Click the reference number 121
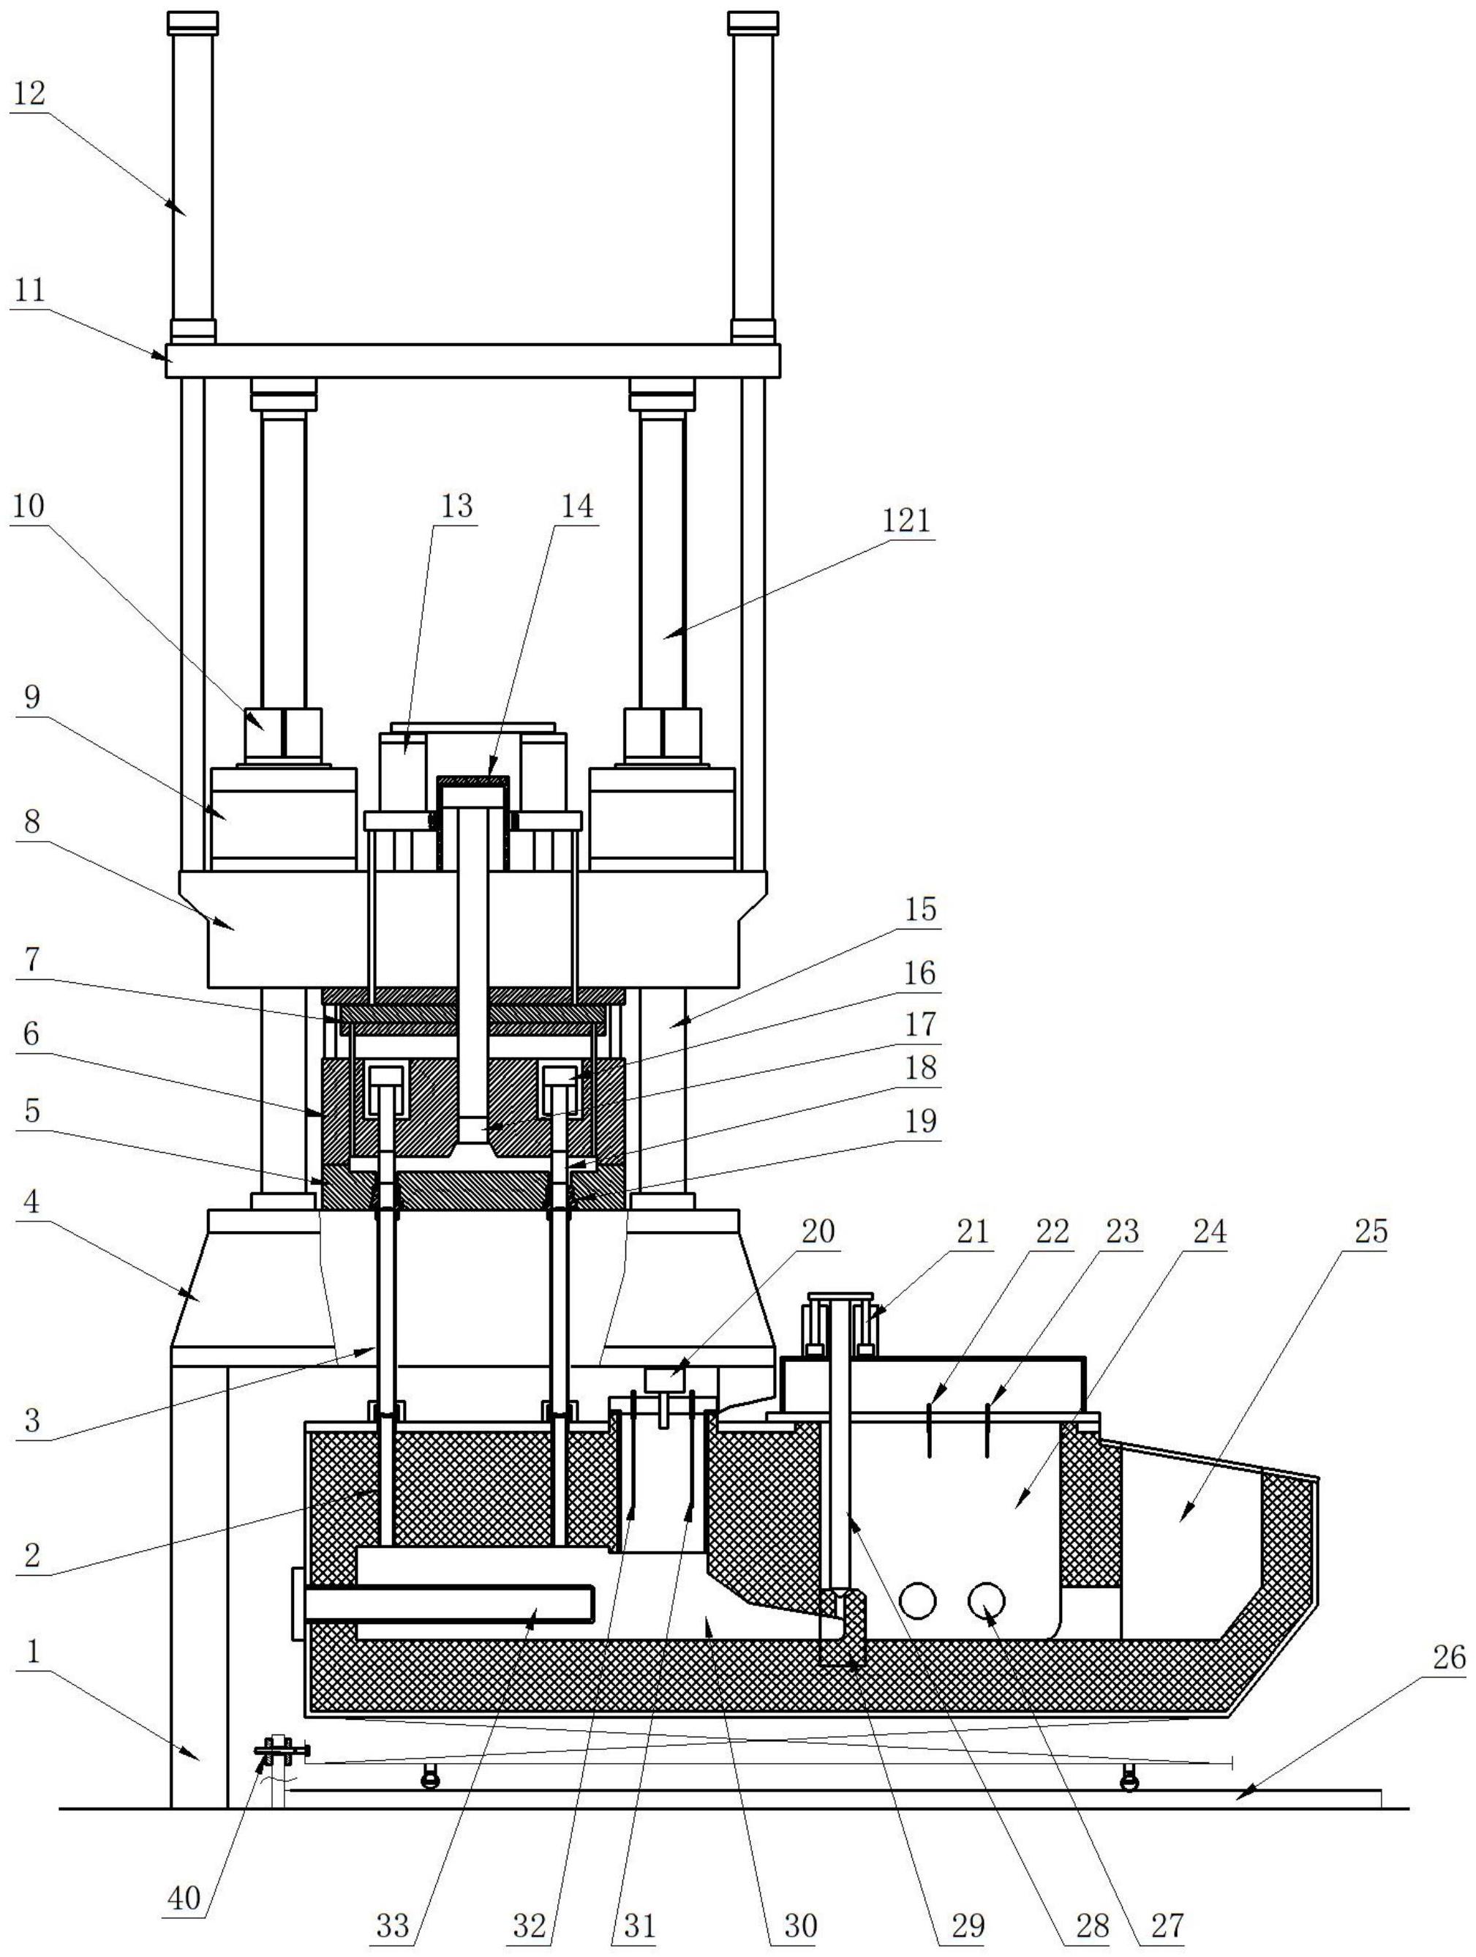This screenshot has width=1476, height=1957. [905, 520]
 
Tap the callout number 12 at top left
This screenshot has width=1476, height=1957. [30, 93]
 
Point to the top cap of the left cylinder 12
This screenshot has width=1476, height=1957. [193, 23]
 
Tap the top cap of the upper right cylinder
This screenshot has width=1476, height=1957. [753, 23]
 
